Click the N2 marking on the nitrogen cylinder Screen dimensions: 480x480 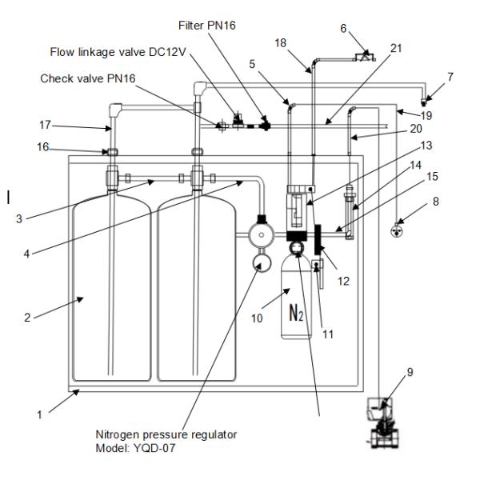click(x=294, y=313)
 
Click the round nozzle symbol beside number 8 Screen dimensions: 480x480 click(x=394, y=231)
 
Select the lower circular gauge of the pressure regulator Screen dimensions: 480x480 click(x=259, y=262)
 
